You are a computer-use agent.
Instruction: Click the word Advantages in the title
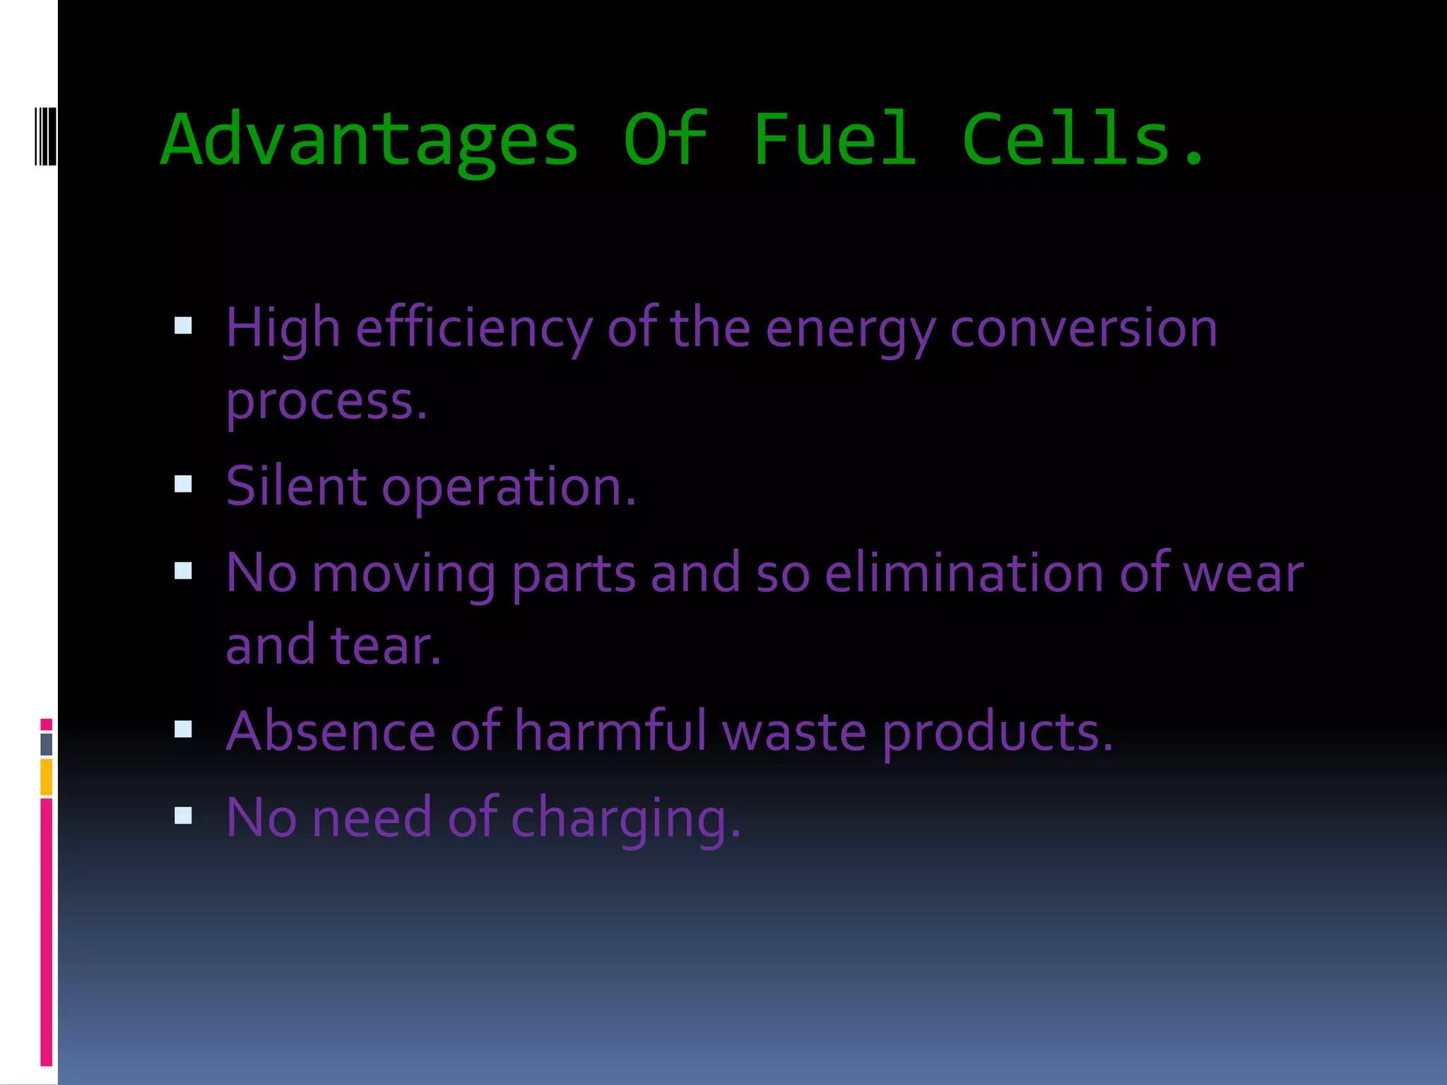(370, 141)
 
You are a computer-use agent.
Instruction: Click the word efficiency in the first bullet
(474, 329)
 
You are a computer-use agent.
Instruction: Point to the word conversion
(1084, 329)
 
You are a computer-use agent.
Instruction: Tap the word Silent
(296, 487)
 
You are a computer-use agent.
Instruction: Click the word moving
(404, 574)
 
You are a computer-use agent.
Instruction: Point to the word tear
(386, 646)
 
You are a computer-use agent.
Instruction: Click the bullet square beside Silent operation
(184, 484)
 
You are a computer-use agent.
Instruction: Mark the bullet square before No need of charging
(184, 816)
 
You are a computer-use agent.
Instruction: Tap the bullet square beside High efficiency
(184, 326)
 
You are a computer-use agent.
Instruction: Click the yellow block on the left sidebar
(47, 777)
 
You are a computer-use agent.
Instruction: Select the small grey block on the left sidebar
(47, 745)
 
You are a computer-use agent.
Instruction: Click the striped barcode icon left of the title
(46, 136)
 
